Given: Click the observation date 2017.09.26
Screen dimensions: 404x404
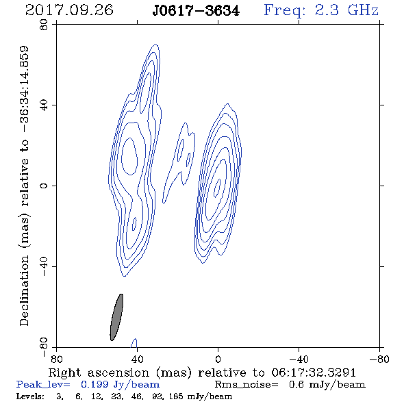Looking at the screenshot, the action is coord(69,10).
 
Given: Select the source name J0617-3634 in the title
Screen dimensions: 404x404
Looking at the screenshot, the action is coord(196,10).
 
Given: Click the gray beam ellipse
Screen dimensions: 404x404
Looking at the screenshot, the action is coord(116,317).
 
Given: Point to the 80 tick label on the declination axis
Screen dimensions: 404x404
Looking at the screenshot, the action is coord(44,25).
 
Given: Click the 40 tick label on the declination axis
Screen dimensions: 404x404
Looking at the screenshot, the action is coord(44,105).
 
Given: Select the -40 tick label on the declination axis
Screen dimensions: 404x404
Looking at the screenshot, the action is coord(44,266).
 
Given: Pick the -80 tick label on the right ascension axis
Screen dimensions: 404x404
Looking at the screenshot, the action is coord(379,359).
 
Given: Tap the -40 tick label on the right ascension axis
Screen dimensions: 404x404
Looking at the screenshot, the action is coord(299,359).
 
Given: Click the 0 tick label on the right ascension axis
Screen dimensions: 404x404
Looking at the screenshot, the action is coord(218,359).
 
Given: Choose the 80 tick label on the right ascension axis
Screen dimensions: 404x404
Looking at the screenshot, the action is coord(56,359).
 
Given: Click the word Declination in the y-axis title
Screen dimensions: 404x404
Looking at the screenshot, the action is coord(24,290).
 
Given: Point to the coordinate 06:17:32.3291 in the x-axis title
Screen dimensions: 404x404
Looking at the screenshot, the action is coord(314,373).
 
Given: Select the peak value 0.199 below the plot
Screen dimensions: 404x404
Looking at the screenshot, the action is coord(94,384).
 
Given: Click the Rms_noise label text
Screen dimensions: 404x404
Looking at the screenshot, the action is coord(247,385).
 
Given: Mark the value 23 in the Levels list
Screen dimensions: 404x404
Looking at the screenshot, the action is coord(116,396).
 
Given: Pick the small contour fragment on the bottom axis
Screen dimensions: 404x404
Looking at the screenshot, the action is coord(134,342).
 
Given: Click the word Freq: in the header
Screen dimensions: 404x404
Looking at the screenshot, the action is coord(285,10).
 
